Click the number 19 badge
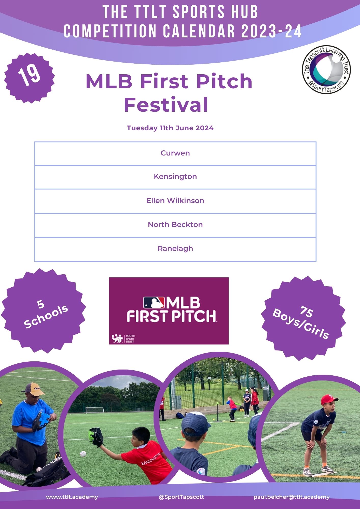[x=30, y=78]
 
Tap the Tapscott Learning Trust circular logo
[x=326, y=70]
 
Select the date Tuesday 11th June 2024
[x=170, y=128]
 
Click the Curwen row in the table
[x=175, y=153]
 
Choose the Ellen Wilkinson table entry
[x=175, y=201]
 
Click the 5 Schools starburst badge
[x=44, y=310]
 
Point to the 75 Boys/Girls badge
[x=303, y=318]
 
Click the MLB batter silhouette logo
[x=154, y=303]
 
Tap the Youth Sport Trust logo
[x=123, y=338]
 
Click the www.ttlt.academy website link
[x=72, y=497]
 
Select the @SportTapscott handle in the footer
[x=181, y=497]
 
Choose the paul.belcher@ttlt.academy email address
[x=292, y=497]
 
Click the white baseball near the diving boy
[x=83, y=454]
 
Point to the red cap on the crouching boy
[x=329, y=400]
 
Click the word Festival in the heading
[x=166, y=105]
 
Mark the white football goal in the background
[x=94, y=410]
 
